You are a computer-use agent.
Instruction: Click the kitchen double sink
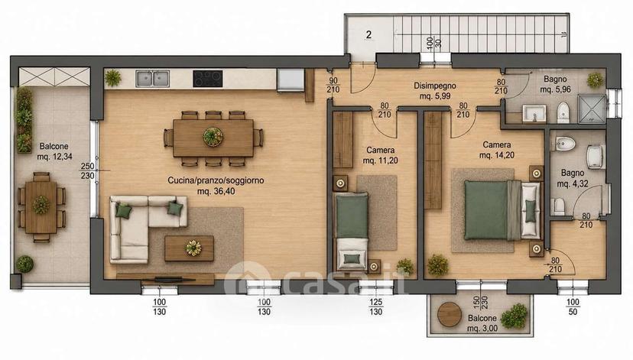tap(152, 79)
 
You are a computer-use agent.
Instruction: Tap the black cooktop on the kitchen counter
tap(207, 79)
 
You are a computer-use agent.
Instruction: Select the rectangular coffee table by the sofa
tap(190, 248)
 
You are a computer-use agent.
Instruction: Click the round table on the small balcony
tap(450, 314)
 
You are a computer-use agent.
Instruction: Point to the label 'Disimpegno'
tap(435, 86)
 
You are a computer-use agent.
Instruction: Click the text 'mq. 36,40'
tap(216, 191)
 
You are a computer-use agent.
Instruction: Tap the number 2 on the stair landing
tap(368, 34)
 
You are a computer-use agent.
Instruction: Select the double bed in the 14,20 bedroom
tap(502, 210)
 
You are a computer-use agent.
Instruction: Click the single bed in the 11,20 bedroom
tap(352, 232)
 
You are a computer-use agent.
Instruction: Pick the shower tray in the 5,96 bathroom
tap(592, 109)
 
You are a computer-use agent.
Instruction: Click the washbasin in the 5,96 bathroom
tap(534, 113)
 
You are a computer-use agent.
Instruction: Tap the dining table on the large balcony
tap(41, 206)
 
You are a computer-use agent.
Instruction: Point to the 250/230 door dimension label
tap(88, 170)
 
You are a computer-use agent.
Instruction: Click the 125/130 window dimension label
tap(376, 306)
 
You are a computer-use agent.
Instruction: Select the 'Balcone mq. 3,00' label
tap(482, 323)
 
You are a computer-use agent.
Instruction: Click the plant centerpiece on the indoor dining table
tap(213, 137)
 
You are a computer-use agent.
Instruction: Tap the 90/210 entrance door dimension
tap(333, 85)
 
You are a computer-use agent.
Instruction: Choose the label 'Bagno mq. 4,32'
tap(573, 178)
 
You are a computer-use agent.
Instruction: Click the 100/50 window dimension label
tap(573, 306)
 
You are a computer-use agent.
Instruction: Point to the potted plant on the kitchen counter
tap(113, 78)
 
